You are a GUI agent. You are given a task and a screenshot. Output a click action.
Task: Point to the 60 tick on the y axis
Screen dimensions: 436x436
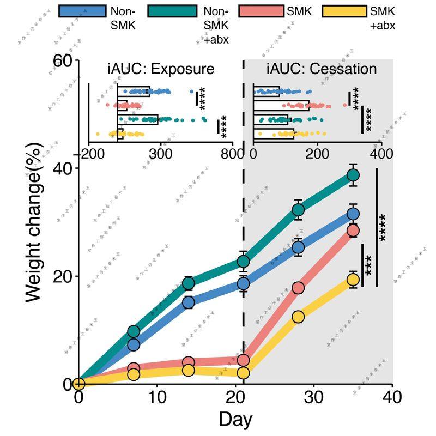62,61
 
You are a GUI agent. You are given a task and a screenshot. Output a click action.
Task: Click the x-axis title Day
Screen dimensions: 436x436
235,419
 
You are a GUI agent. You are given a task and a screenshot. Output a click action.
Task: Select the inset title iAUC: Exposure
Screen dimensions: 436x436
161,69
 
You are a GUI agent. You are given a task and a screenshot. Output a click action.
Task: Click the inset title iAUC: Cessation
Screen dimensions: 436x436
322,69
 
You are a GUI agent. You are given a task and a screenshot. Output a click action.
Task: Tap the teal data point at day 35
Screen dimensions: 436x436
353,175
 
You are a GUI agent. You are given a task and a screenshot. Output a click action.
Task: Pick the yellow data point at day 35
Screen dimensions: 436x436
353,280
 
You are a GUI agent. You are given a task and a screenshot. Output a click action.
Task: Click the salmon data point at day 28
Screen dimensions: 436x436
298,288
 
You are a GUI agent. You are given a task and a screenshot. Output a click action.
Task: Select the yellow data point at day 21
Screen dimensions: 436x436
243,373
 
